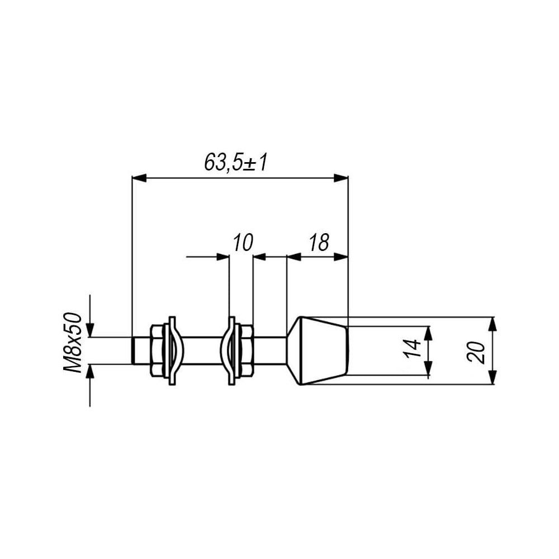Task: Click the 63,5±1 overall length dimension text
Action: (x=236, y=163)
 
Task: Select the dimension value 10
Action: (x=243, y=243)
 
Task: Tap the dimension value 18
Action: (x=319, y=243)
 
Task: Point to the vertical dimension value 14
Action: (x=413, y=348)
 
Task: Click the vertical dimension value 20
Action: (x=477, y=352)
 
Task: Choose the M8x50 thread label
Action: (x=73, y=343)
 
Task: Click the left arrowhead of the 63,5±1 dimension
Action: (x=139, y=178)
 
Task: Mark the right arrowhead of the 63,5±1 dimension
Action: (x=340, y=178)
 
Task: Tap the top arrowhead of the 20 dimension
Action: (x=492, y=324)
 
